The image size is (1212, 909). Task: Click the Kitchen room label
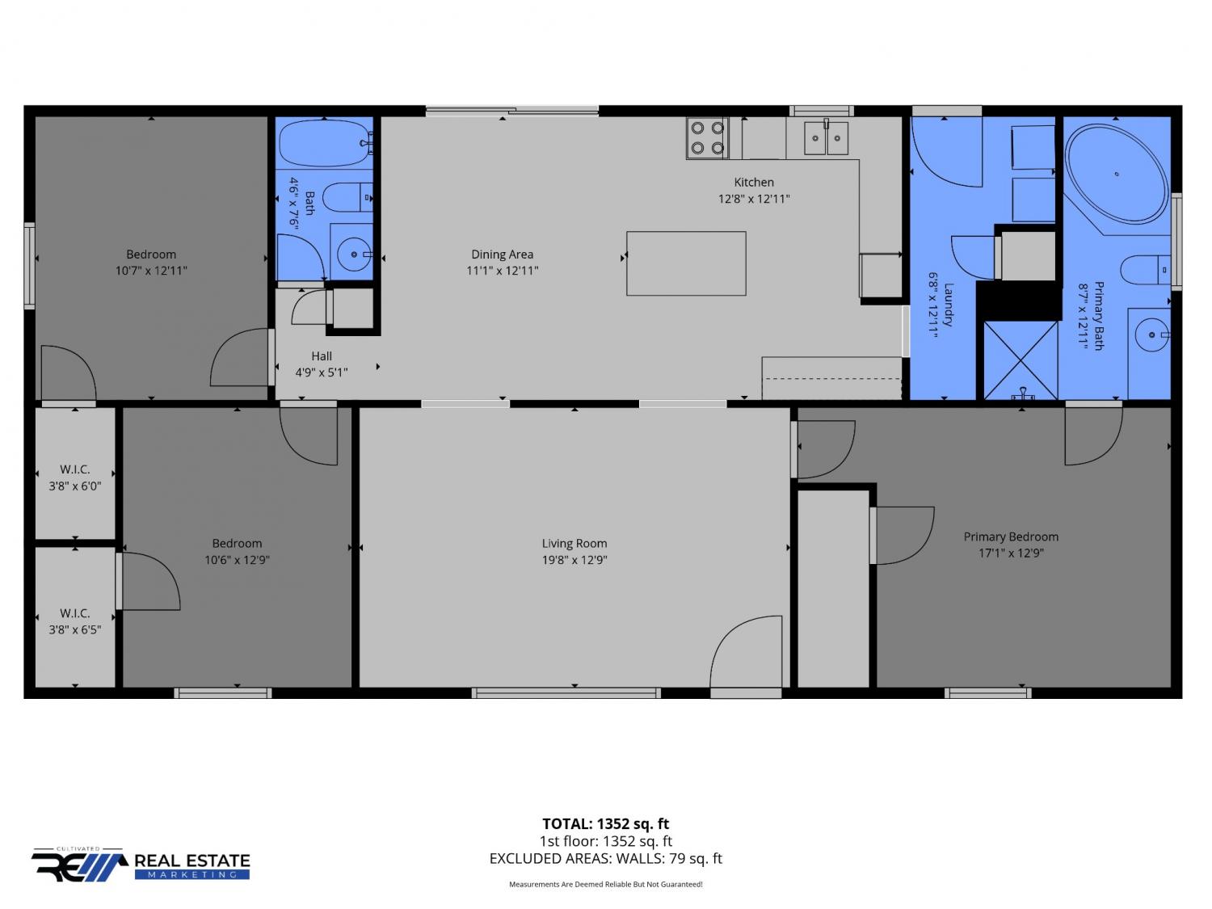point(754,182)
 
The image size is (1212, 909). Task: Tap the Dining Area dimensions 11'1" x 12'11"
point(502,271)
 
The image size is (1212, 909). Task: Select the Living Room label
point(574,544)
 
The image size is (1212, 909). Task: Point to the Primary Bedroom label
point(1011,537)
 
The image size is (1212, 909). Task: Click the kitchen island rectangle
point(686,263)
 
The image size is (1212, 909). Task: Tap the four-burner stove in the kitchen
point(707,138)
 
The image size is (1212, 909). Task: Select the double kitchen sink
point(826,138)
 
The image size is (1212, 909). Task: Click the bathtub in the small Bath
point(324,144)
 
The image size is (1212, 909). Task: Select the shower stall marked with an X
point(1021,360)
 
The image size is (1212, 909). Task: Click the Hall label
point(322,356)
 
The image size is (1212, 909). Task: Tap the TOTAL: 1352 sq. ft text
point(606,824)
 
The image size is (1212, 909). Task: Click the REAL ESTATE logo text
point(192,861)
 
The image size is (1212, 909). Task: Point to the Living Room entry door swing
point(746,652)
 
